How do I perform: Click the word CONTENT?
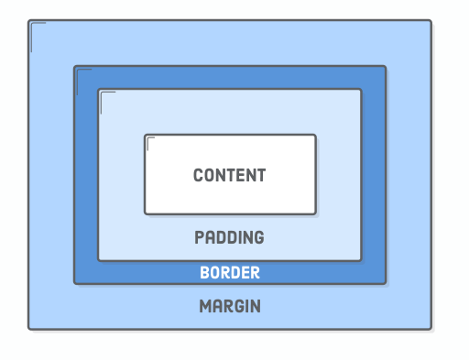[x=229, y=175]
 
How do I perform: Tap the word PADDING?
[x=229, y=237]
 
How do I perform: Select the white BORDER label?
[x=230, y=273]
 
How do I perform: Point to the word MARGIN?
[x=230, y=306]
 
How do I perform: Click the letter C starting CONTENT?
[x=198, y=175]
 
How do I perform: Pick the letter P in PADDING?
[x=199, y=237]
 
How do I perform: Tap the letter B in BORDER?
[x=204, y=273]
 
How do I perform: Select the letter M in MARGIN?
[x=205, y=306]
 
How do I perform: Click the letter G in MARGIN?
[x=237, y=306]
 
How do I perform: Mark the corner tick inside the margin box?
[x=34, y=27]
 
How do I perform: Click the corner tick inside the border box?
[x=81, y=72]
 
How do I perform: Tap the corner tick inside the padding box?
[x=104, y=95]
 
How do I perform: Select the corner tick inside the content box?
[x=150, y=140]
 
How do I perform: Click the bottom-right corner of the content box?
[x=315, y=213]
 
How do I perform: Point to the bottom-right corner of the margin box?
[x=431, y=328]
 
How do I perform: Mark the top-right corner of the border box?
[x=385, y=67]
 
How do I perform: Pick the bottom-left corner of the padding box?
[x=99, y=260]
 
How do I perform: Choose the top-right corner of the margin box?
[x=431, y=21]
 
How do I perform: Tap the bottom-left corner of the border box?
[x=75, y=283]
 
